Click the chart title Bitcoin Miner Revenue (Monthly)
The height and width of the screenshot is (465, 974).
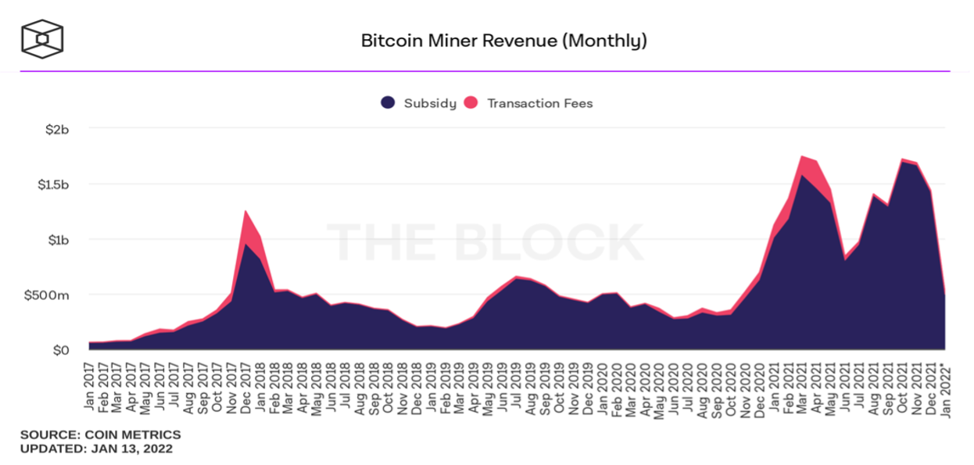pyautogui.click(x=503, y=40)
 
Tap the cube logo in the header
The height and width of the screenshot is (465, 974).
pyautogui.click(x=42, y=39)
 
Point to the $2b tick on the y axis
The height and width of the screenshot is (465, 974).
pyautogui.click(x=57, y=129)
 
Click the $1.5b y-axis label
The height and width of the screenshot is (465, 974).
pyautogui.click(x=52, y=184)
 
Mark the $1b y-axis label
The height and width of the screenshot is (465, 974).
pyautogui.click(x=57, y=240)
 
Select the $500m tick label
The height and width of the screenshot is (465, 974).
pyautogui.click(x=48, y=295)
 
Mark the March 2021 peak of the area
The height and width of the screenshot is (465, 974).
pyautogui.click(x=803, y=156)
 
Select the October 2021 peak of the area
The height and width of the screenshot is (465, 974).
pyautogui.click(x=903, y=159)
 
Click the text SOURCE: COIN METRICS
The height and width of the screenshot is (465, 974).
pyautogui.click(x=100, y=435)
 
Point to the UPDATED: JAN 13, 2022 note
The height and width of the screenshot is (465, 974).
pyautogui.click(x=96, y=449)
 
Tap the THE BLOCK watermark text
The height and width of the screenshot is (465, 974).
pyautogui.click(x=485, y=242)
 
